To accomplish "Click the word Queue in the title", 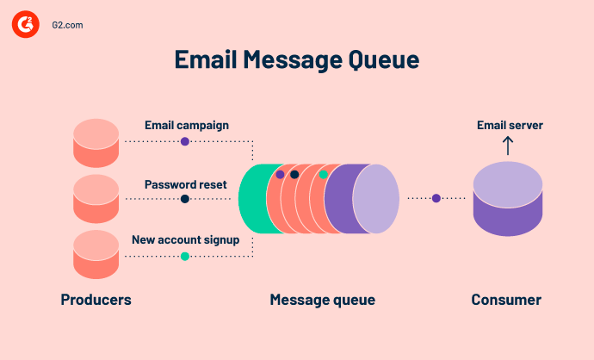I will (x=379, y=59).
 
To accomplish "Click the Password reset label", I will (x=186, y=183).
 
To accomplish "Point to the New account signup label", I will (x=185, y=239).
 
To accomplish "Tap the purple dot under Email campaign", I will (x=185, y=141).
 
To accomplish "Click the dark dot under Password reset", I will (x=185, y=199).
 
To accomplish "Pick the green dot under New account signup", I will (x=185, y=256).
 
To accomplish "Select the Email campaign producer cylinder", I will (x=96, y=143).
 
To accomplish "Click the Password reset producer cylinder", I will (x=96, y=199).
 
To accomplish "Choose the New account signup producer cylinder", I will (x=96, y=255).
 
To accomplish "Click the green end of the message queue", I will (x=252, y=199).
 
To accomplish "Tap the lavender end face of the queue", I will (x=376, y=199).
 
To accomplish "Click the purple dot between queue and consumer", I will (x=436, y=198).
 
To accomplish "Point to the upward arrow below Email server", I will (x=508, y=146).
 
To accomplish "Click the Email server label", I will (x=510, y=126).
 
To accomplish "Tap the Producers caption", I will (x=96, y=300).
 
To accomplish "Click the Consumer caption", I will (x=506, y=300).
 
